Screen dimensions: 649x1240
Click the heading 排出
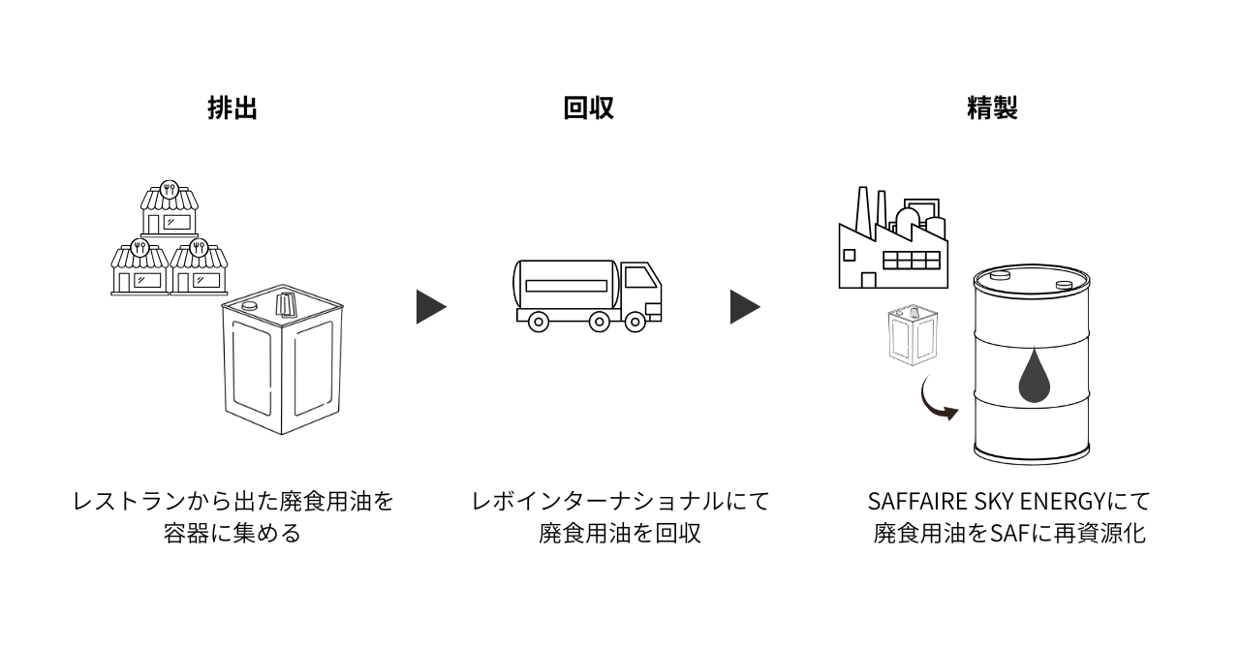232,108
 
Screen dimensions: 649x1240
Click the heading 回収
588,108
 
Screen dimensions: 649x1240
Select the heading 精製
991,108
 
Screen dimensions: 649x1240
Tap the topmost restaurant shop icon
170,207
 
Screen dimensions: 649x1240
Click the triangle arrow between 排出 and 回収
430,306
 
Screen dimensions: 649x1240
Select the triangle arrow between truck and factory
744,306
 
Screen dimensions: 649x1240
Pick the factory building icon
891,242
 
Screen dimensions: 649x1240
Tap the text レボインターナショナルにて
620,503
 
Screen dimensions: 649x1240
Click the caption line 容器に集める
232,534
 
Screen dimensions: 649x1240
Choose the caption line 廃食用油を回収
620,534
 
